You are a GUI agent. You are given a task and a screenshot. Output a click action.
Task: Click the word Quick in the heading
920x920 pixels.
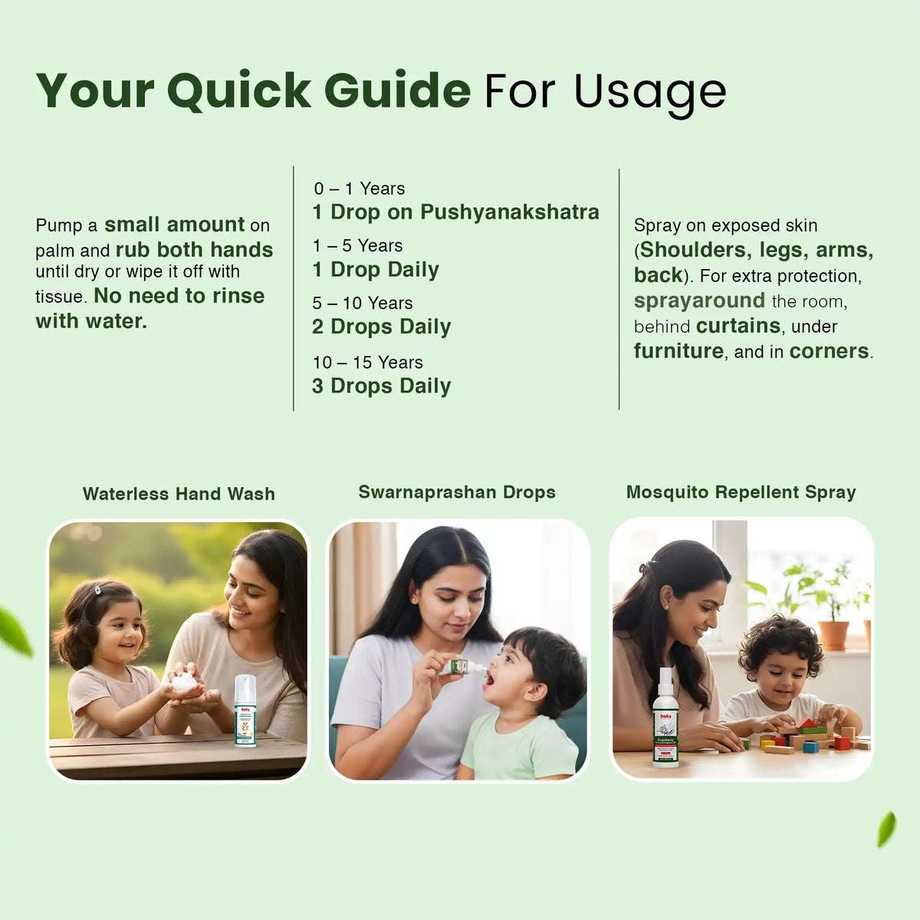click(x=239, y=90)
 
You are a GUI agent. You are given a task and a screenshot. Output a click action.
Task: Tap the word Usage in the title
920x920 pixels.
click(x=649, y=90)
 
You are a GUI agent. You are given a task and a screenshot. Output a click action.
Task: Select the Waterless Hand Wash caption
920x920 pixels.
click(x=179, y=494)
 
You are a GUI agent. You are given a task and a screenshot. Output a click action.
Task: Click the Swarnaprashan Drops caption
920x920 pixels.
click(x=457, y=492)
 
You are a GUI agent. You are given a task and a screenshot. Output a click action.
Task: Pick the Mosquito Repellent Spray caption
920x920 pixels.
click(x=741, y=492)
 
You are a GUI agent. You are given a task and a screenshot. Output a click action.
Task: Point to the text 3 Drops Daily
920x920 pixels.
click(x=381, y=386)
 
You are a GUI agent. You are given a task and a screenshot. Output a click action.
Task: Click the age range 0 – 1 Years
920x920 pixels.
click(x=359, y=189)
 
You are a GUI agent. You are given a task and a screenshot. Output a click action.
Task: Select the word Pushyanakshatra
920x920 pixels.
click(x=510, y=212)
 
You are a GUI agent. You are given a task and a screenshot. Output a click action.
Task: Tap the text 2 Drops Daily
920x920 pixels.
click(x=381, y=327)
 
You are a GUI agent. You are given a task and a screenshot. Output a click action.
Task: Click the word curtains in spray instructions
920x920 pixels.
click(x=738, y=326)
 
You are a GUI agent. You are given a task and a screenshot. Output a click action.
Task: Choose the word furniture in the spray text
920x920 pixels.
click(x=678, y=351)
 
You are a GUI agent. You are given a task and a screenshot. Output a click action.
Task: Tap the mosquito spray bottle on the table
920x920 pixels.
click(x=665, y=718)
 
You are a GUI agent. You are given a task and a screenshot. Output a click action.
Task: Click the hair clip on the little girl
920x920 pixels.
click(x=98, y=590)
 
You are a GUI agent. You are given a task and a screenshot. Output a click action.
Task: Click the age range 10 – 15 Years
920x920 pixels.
click(x=367, y=362)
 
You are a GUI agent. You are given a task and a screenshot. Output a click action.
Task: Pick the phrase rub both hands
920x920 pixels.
click(x=194, y=250)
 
